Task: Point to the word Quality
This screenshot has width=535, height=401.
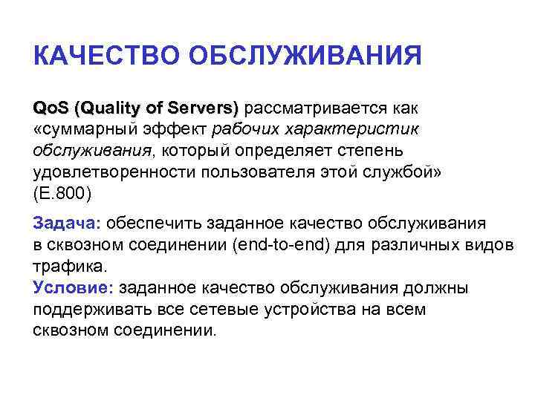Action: click(111, 108)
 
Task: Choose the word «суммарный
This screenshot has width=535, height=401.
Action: click(82, 130)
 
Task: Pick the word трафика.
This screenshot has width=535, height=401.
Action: click(71, 265)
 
